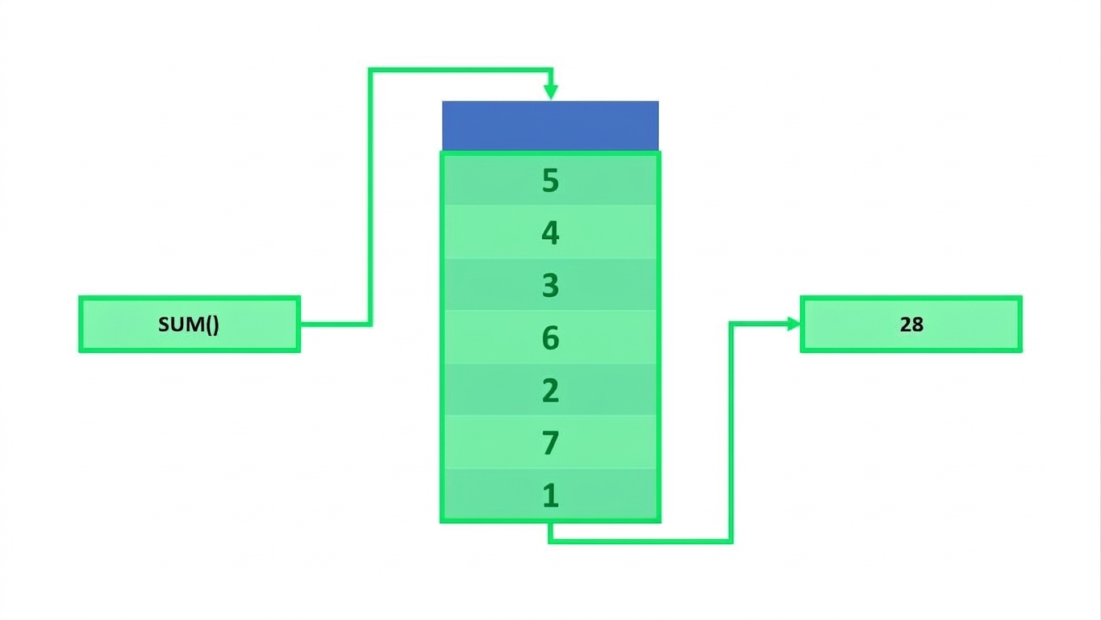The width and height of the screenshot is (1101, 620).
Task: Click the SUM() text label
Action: coord(189,325)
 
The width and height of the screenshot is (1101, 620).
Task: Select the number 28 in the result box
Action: coord(911,325)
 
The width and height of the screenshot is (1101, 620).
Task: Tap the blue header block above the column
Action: coord(550,126)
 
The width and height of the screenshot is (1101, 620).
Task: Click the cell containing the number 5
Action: coord(550,179)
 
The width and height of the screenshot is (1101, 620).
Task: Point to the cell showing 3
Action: coord(550,284)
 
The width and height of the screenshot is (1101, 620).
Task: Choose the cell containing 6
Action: coord(550,337)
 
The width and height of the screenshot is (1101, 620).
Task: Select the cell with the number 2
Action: coord(550,390)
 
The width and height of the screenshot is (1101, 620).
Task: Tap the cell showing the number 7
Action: coord(550,442)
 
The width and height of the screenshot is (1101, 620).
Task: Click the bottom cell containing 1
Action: coord(550,493)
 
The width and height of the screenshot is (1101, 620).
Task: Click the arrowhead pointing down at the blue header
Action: coord(550,92)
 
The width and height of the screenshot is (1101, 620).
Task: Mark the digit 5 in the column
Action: coord(550,180)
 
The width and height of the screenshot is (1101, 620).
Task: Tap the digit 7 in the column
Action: coord(550,442)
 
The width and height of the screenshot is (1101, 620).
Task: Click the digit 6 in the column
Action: coord(550,337)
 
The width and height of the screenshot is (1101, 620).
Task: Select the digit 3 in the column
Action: coord(550,285)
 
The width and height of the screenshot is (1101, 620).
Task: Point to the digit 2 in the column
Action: coord(550,390)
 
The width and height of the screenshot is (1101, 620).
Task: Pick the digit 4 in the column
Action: coord(550,232)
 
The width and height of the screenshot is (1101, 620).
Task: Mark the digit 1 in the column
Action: coord(550,495)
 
